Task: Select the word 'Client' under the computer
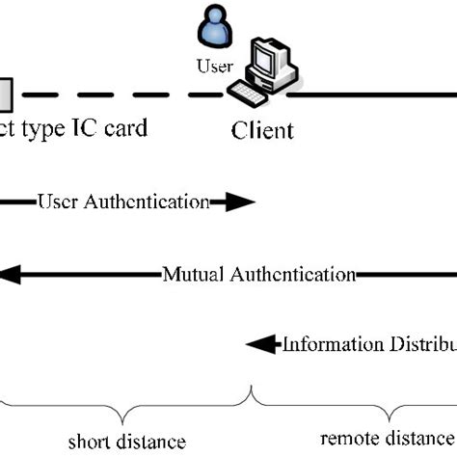[x=262, y=129]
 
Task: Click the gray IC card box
[x=5, y=94]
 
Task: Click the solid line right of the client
[x=376, y=95]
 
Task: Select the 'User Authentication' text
[x=122, y=202]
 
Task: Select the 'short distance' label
[x=121, y=442]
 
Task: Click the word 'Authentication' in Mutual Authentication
[x=292, y=274]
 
